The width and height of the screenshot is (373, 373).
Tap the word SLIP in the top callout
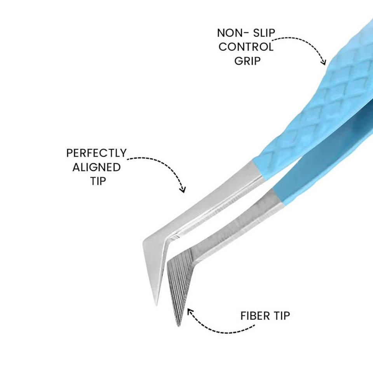[x=262, y=33]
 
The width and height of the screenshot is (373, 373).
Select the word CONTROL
[x=246, y=47]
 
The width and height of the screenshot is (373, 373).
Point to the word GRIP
[x=247, y=61]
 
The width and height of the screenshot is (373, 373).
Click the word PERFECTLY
[x=96, y=153]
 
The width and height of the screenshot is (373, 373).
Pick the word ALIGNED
[x=96, y=167]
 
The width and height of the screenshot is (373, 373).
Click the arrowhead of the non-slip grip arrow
[x=323, y=62]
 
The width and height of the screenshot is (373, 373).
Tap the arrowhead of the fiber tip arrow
[x=190, y=311]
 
